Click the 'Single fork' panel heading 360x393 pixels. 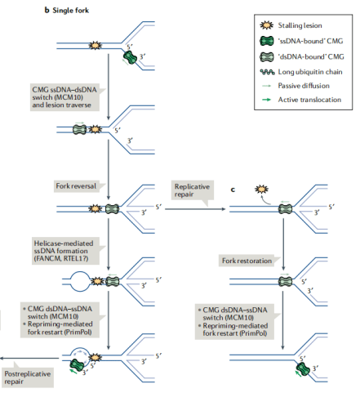pyautogui.click(x=71, y=11)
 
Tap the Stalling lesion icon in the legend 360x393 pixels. pyautogui.click(x=266, y=25)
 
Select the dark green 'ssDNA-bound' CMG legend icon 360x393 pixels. pyautogui.click(x=267, y=41)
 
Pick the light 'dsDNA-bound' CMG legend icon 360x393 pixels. pyautogui.click(x=267, y=56)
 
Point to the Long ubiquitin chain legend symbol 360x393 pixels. pyautogui.click(x=267, y=72)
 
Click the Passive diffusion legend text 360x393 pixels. pyautogui.click(x=304, y=86)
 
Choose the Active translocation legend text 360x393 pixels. pyautogui.click(x=309, y=100)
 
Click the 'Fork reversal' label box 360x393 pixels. pyautogui.click(x=79, y=186)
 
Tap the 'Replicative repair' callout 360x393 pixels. pyautogui.click(x=193, y=190)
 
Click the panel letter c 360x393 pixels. pyautogui.click(x=233, y=190)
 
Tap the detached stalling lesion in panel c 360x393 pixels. pyautogui.click(x=262, y=189)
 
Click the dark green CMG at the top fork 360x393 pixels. pyautogui.click(x=131, y=57)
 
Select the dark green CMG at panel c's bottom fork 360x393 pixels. pyautogui.click(x=303, y=369)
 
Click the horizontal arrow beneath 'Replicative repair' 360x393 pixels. pyautogui.click(x=195, y=209)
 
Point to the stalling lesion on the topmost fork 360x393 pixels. pyautogui.click(x=95, y=45)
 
